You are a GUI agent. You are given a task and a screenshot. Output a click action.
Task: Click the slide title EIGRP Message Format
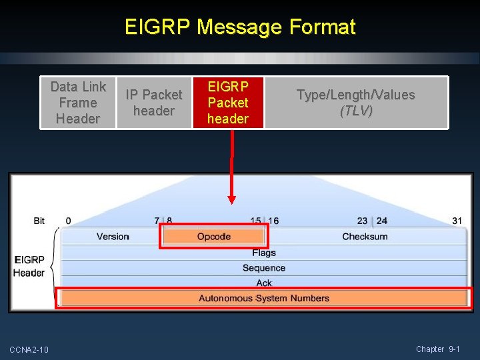(x=240, y=27)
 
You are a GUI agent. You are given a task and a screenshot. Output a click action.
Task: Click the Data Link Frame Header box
(x=78, y=103)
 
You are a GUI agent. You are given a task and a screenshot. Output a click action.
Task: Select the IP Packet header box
(x=153, y=103)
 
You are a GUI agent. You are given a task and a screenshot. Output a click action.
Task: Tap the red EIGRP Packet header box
(x=227, y=103)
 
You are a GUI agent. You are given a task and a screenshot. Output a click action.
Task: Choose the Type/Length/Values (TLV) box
(x=355, y=103)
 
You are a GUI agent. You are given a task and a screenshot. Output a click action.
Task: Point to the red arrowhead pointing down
(x=231, y=199)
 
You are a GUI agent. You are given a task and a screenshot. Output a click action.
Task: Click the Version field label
(x=113, y=237)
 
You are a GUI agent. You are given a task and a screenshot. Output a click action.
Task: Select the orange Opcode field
(x=213, y=237)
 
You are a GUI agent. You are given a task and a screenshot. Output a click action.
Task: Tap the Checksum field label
(x=365, y=237)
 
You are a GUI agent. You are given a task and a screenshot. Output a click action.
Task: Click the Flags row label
(x=264, y=253)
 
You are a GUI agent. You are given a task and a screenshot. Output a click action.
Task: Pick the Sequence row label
(x=264, y=268)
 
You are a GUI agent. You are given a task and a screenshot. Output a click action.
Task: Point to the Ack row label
(x=264, y=283)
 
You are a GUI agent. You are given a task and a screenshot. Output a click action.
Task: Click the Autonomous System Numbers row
(x=264, y=298)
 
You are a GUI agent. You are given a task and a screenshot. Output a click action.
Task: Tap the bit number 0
(x=69, y=221)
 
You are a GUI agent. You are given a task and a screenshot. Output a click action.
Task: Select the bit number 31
(x=457, y=221)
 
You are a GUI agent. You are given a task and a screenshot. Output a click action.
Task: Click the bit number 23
(x=362, y=221)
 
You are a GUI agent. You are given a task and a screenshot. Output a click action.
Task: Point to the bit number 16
(x=273, y=221)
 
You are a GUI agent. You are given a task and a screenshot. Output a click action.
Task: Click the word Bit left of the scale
(x=39, y=221)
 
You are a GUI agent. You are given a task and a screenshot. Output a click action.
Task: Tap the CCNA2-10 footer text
(x=29, y=350)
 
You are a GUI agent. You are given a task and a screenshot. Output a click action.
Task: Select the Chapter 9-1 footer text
(x=438, y=349)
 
